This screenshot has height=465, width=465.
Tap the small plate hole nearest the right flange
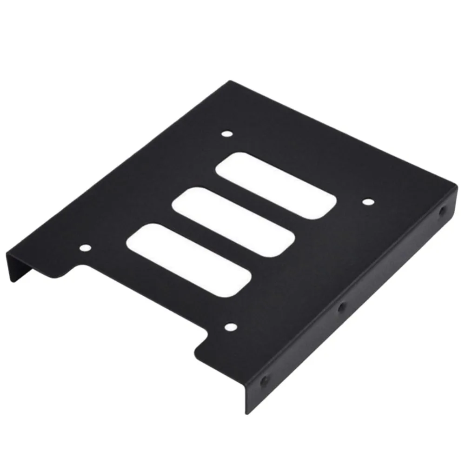(367, 202)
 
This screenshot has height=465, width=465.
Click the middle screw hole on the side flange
(342, 306)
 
